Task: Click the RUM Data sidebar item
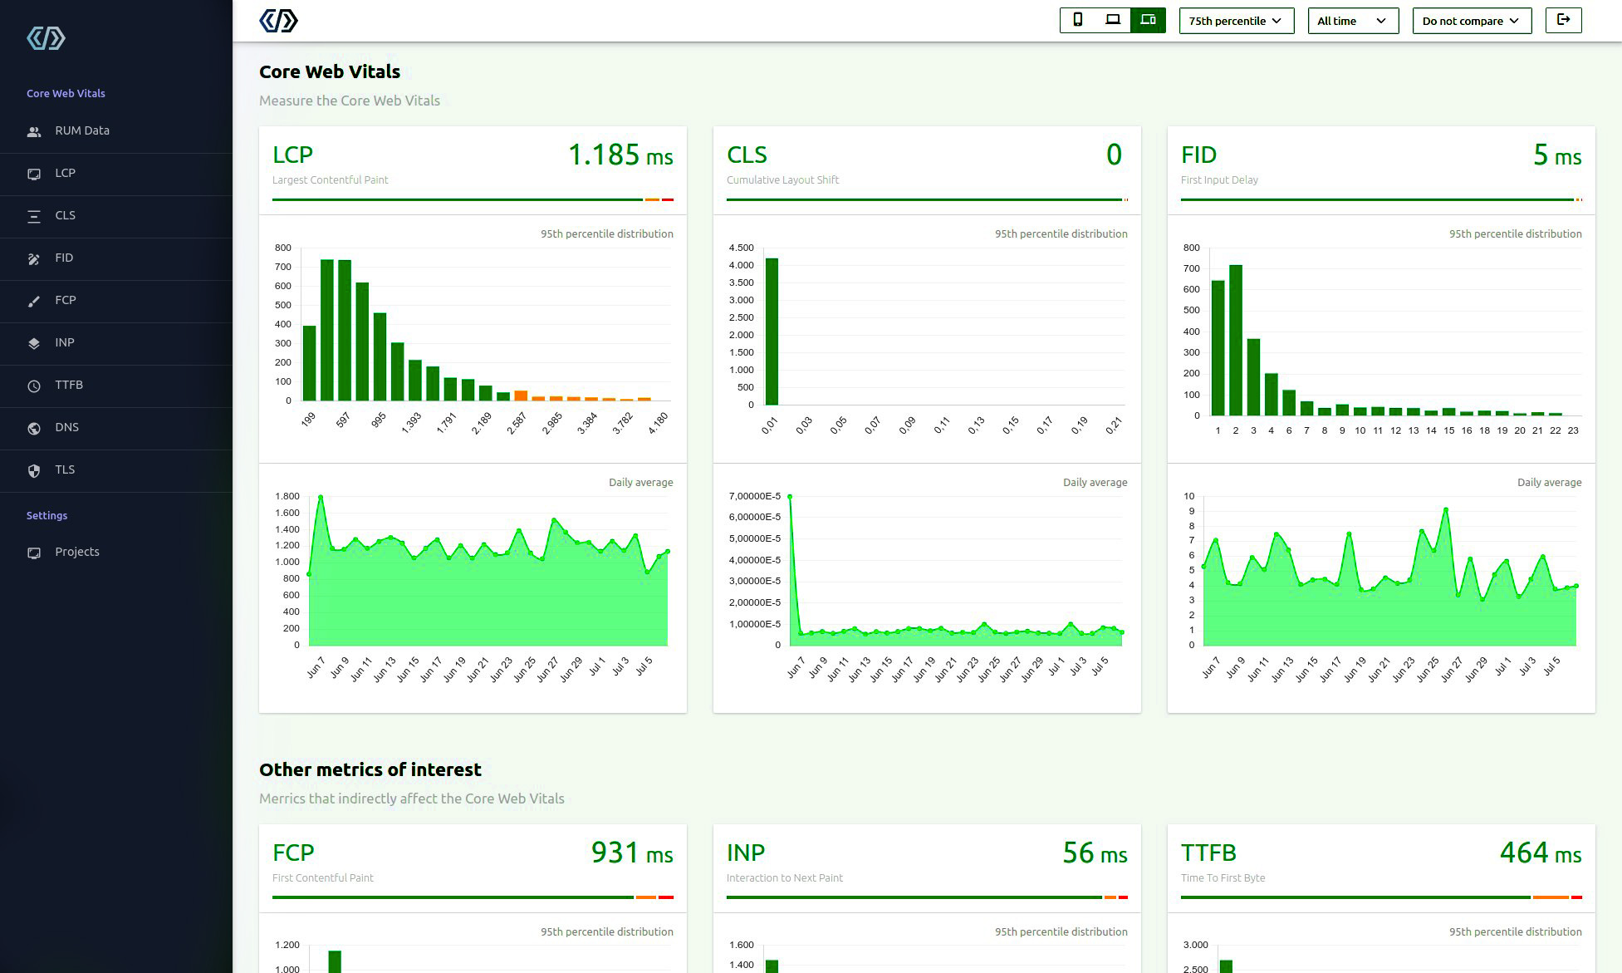click(x=81, y=130)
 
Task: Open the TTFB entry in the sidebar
click(x=68, y=385)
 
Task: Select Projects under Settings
click(x=76, y=552)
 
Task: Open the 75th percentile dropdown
click(x=1236, y=21)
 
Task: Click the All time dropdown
click(x=1352, y=21)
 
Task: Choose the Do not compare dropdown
click(x=1471, y=21)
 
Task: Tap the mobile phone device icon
click(x=1077, y=20)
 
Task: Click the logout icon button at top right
click(x=1563, y=20)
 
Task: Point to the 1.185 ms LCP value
click(x=620, y=155)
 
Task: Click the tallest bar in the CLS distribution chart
click(x=772, y=331)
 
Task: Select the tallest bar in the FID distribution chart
click(x=1236, y=340)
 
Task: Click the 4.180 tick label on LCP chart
click(x=658, y=424)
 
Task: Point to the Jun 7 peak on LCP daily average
click(x=321, y=497)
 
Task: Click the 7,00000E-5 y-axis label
click(x=754, y=496)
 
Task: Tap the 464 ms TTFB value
click(x=1540, y=853)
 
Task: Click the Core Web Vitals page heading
click(x=330, y=71)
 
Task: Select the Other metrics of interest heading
click(x=370, y=769)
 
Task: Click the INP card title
click(x=745, y=853)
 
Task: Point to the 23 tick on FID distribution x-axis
click(x=1573, y=430)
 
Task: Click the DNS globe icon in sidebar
click(x=34, y=428)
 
